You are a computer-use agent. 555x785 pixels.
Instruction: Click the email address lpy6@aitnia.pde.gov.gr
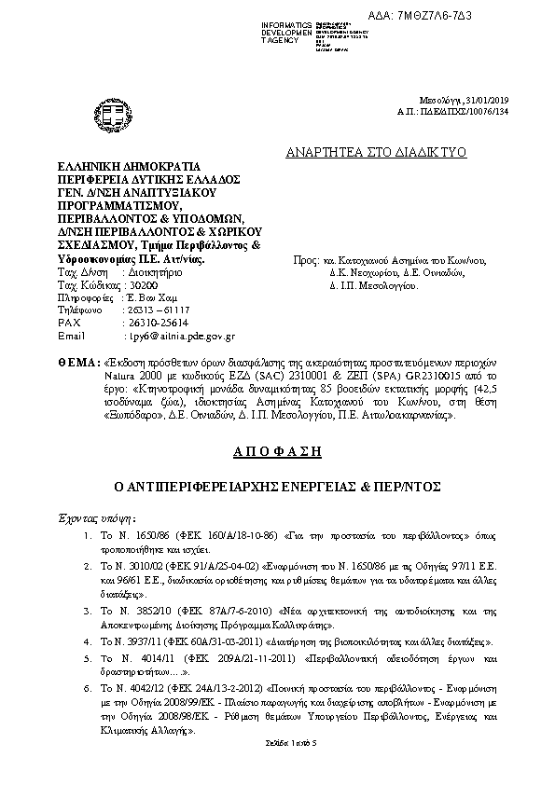point(179,335)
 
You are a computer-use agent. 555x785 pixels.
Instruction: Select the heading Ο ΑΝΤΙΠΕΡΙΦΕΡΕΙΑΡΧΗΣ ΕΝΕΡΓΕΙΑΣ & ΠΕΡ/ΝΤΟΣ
point(277,487)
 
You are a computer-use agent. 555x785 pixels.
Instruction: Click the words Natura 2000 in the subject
point(139,371)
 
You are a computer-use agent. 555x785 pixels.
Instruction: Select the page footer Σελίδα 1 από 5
point(277,742)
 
